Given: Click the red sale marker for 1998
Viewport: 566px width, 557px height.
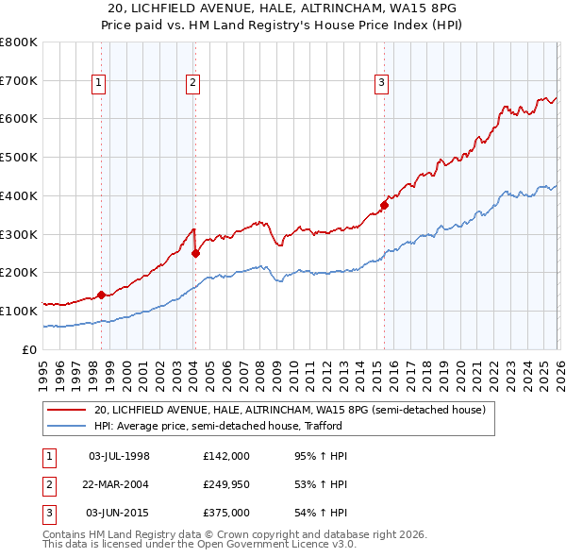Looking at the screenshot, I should pos(101,295).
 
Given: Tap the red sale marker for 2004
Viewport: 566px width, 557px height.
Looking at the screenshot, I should pos(195,253).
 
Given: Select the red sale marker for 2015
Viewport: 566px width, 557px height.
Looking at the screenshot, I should pos(384,205).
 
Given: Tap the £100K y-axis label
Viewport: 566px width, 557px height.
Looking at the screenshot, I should pos(19,311).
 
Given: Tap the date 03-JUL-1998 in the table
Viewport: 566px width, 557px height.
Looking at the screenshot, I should pos(119,456).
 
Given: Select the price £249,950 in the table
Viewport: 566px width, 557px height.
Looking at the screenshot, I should pos(225,484).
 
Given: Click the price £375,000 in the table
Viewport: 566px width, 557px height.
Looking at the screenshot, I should pos(225,513).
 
